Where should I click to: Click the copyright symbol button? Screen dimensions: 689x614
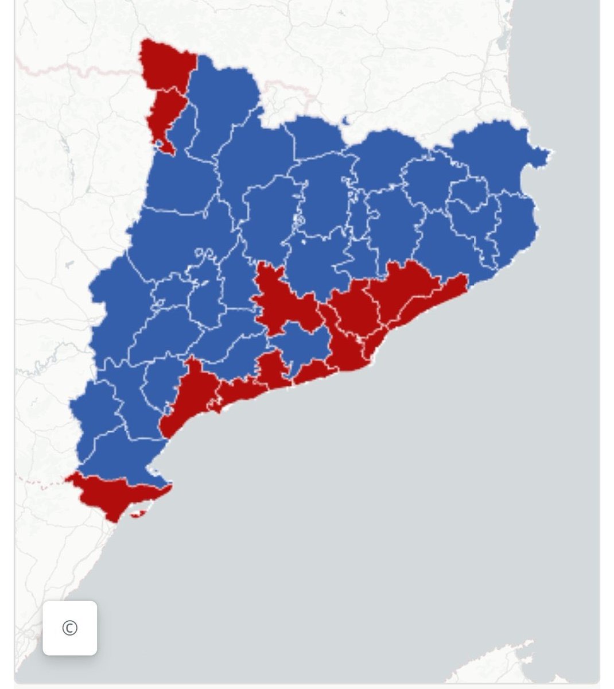pyautogui.click(x=69, y=628)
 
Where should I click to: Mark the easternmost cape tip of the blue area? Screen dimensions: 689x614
pyautogui.click(x=550, y=152)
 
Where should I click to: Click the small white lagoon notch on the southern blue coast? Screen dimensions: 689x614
pyautogui.click(x=154, y=471)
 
